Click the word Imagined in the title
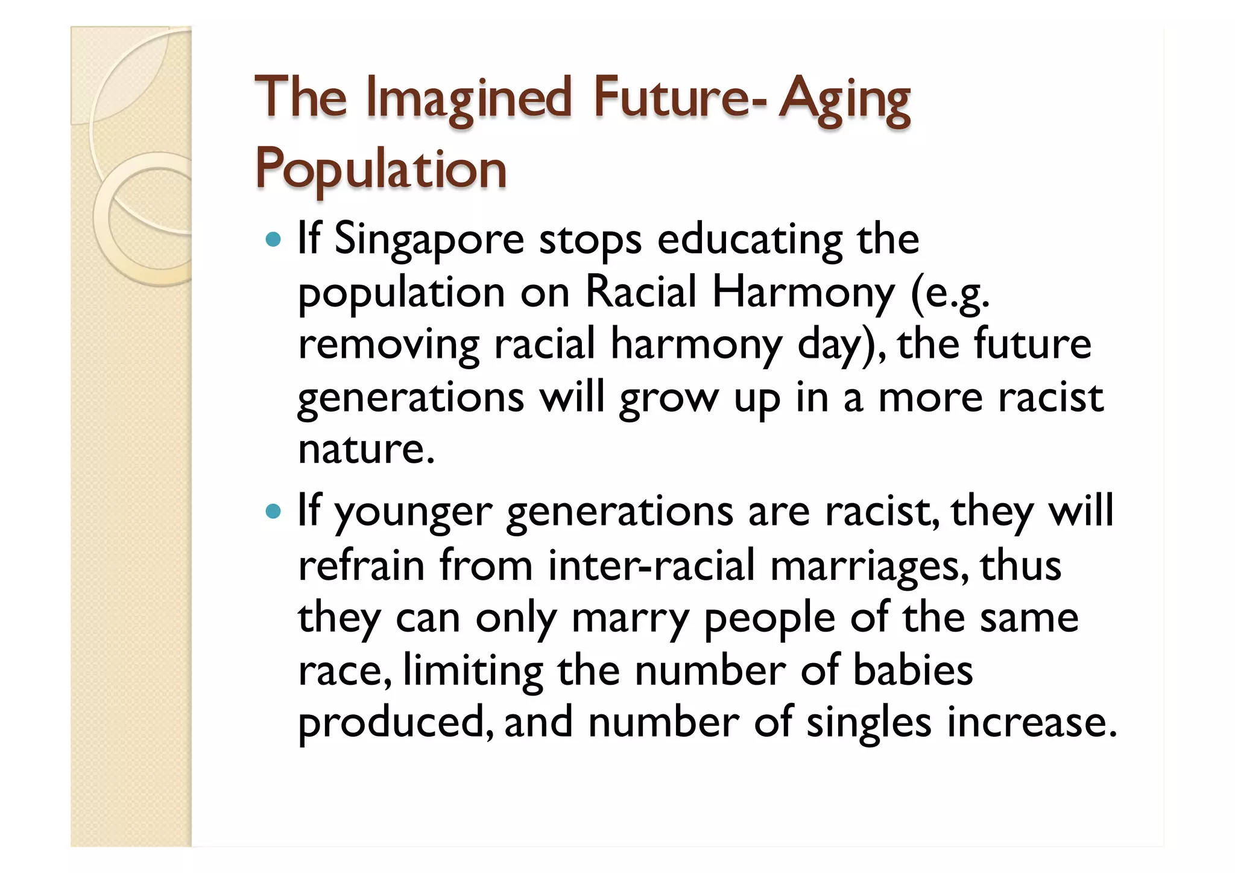tap(469, 98)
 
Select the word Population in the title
tap(381, 170)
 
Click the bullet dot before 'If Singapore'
tap(273, 240)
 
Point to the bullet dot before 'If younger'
tap(273, 512)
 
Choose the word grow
tap(669, 399)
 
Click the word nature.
tap(365, 449)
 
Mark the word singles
tap(869, 723)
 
